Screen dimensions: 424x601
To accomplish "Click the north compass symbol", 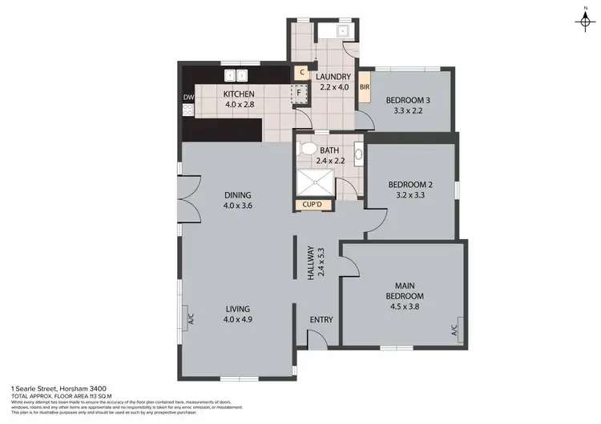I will point(582,19).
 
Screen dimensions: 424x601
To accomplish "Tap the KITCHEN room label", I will point(238,94).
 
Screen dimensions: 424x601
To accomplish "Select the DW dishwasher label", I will point(188,98).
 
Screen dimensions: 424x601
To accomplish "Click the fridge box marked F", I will point(299,92).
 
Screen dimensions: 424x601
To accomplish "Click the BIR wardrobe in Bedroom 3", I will point(365,87).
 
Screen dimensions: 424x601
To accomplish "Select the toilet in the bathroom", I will point(306,149).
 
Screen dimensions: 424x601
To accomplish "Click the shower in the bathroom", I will point(315,183).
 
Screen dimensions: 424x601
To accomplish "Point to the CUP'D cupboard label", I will point(313,205).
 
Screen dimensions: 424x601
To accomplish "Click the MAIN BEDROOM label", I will point(405,290).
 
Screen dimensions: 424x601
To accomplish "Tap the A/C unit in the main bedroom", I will point(453,327).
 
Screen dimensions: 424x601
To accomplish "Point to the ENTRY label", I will point(321,320).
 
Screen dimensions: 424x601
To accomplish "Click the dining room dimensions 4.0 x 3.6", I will point(238,206).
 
